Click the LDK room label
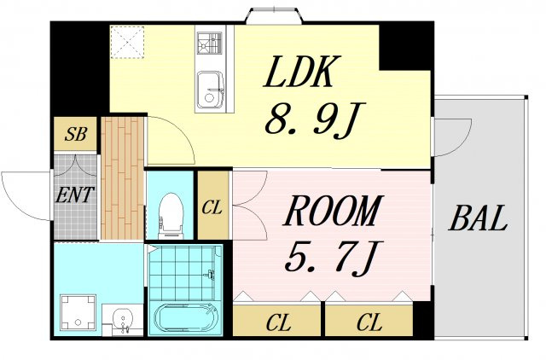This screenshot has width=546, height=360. click(301, 72)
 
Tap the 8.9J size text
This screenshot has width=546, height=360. click(315, 119)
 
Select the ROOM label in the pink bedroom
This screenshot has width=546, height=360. click(334, 211)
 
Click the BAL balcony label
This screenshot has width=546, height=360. click(478, 218)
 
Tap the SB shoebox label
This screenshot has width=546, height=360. click(75, 134)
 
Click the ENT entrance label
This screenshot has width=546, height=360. click(75, 195)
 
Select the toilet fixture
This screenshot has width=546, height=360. click(171, 216)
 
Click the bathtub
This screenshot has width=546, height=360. click(185, 319)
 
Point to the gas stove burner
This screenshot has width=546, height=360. click(209, 44)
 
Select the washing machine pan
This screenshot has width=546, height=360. click(78, 312)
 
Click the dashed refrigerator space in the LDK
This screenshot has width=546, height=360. click(127, 42)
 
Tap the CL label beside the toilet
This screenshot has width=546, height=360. click(212, 208)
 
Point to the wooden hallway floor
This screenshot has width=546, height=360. click(123, 178)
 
